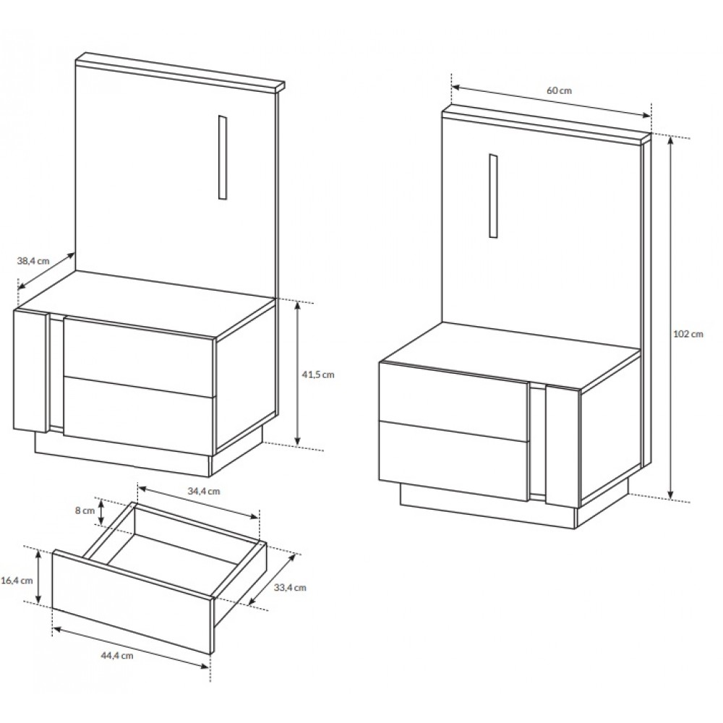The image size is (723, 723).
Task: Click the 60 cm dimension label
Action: tap(559, 90)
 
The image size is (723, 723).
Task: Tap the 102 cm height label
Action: tap(688, 334)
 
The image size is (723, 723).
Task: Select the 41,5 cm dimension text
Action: tap(317, 375)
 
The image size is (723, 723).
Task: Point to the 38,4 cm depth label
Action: tap(33, 260)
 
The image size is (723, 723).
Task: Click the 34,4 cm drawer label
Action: tap(204, 491)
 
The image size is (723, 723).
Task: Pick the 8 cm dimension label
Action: tap(85, 510)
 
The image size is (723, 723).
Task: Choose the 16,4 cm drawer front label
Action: tap(17, 580)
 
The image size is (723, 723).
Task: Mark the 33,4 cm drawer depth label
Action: tap(290, 587)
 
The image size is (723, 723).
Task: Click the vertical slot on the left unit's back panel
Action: tap(223, 157)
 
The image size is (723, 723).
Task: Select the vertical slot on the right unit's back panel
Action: tap(493, 196)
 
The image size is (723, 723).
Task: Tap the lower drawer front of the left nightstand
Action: tap(139, 410)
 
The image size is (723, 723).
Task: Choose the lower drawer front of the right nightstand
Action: tap(454, 461)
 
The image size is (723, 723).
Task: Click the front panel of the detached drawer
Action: tap(132, 602)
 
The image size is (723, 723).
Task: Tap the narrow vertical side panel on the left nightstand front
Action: tap(31, 370)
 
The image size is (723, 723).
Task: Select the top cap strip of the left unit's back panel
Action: tap(180, 72)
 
